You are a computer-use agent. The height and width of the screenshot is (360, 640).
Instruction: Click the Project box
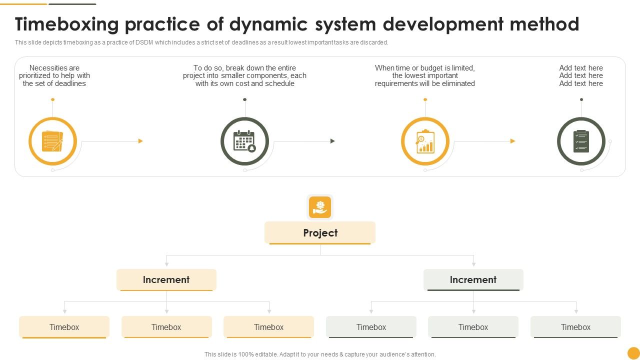tap(320, 233)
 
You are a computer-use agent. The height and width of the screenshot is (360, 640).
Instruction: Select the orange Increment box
tap(166, 280)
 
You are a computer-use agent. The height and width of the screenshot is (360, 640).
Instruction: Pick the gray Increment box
tap(473, 280)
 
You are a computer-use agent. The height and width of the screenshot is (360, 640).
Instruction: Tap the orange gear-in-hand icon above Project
tap(320, 207)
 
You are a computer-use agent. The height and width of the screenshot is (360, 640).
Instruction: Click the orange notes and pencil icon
tap(52, 141)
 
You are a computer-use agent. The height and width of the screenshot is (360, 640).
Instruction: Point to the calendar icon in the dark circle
tap(244, 141)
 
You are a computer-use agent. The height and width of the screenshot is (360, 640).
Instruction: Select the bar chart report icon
tap(425, 141)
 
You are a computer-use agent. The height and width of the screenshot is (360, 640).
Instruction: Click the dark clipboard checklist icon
tap(581, 141)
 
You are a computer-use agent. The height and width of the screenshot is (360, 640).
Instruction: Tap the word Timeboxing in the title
tap(67, 24)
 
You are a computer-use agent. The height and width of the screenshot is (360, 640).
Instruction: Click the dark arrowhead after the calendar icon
tap(332, 141)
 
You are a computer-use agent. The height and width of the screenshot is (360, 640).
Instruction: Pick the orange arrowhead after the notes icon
tap(140, 141)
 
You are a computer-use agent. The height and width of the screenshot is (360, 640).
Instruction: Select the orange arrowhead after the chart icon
tap(512, 141)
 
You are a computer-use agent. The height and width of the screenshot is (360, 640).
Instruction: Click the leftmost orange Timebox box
tap(64, 327)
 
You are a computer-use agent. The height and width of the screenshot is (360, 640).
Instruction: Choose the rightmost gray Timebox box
tap(575, 327)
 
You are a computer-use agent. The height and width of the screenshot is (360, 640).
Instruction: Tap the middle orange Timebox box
tap(166, 327)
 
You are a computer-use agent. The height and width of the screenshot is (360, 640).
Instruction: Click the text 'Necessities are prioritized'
tap(54, 71)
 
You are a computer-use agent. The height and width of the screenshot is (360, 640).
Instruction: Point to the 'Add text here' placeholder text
tap(581, 75)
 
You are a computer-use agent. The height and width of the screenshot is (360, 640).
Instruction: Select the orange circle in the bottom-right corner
tap(633, 353)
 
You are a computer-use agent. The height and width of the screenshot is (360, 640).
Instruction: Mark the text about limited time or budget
tap(425, 75)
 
